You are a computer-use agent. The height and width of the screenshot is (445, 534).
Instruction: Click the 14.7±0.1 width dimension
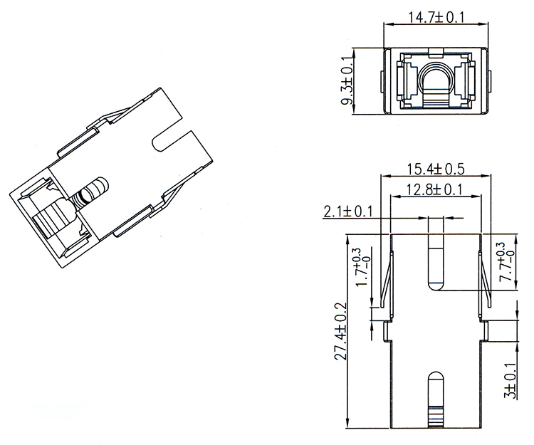pyautogui.click(x=436, y=17)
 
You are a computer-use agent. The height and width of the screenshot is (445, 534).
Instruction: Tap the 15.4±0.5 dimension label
pyautogui.click(x=435, y=169)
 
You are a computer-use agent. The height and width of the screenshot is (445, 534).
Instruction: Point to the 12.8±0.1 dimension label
pyautogui.click(x=435, y=189)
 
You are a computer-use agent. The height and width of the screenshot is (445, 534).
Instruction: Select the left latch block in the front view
pyautogui.click(x=409, y=82)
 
